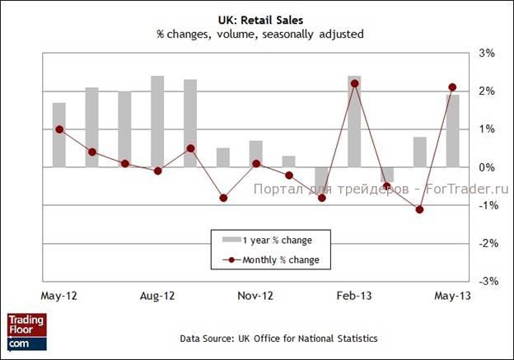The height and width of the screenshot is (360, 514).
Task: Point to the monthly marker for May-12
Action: pyautogui.click(x=59, y=129)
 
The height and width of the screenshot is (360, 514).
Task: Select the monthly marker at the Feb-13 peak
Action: pyautogui.click(x=354, y=83)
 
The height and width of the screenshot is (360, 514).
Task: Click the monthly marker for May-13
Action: pyautogui.click(x=452, y=87)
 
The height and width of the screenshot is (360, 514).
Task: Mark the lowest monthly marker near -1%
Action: pyautogui.click(x=419, y=209)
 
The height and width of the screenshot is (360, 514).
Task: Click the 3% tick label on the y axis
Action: pyautogui.click(x=487, y=54)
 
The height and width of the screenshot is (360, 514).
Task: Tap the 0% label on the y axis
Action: pyautogui.click(x=487, y=167)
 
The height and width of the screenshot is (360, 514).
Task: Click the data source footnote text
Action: pyautogui.click(x=279, y=338)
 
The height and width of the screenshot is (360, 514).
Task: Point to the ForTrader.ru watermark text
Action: pyautogui.click(x=381, y=188)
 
